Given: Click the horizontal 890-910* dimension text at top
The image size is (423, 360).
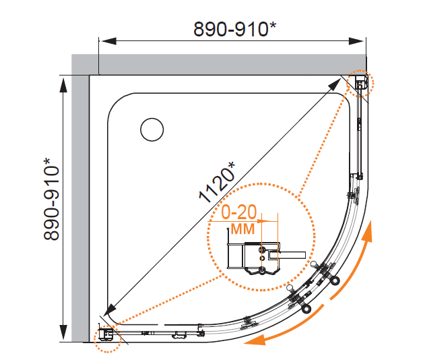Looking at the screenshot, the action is click(x=234, y=29).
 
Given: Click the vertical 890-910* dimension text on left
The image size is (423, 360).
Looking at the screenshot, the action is click(x=51, y=199).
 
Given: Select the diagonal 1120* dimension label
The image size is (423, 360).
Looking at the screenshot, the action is click(x=217, y=182).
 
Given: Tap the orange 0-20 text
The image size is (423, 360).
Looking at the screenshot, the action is click(x=238, y=212).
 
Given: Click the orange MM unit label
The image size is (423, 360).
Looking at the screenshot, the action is click(x=242, y=229).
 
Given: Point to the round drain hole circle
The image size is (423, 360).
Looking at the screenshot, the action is click(x=152, y=129).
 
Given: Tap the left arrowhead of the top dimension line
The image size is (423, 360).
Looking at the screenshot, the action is click(x=108, y=41).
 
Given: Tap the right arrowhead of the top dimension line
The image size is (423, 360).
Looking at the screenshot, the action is click(x=356, y=41).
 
